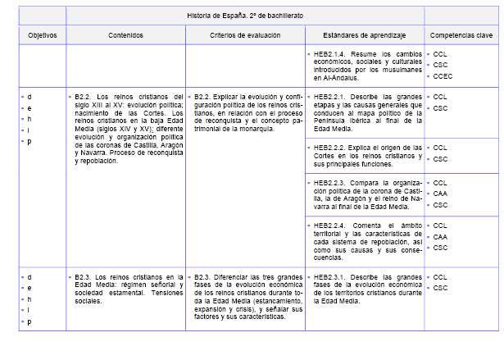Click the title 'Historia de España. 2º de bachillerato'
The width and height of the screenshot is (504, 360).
coord(244,16)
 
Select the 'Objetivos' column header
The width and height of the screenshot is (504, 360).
coord(42,36)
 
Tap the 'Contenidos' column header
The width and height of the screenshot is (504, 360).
coord(125,36)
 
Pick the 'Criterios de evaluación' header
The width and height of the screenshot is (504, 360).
coord(244,36)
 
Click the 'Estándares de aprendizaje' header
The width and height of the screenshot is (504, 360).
coord(363,36)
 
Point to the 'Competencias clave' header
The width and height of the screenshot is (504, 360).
coord(461,36)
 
